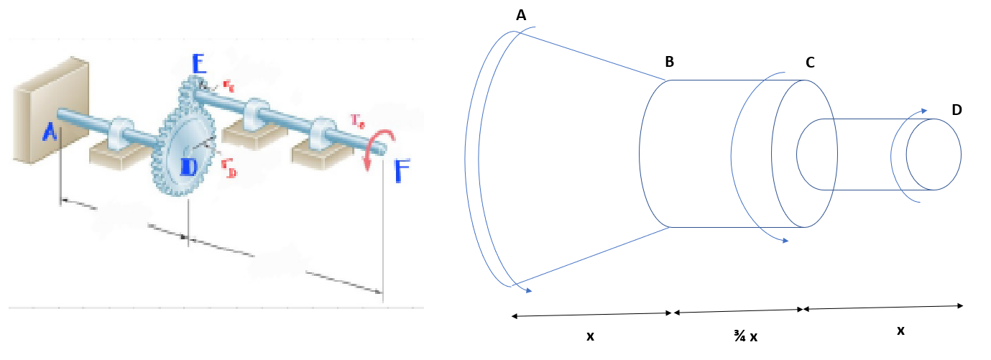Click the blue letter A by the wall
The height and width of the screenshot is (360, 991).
(x=49, y=132)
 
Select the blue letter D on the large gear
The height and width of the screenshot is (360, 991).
(x=188, y=167)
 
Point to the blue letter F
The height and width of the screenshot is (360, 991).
(x=402, y=172)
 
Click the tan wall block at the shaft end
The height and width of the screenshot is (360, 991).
(x=50, y=111)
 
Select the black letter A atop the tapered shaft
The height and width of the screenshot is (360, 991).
(x=521, y=15)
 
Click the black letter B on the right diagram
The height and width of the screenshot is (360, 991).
(x=669, y=62)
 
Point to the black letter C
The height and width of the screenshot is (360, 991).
(x=810, y=63)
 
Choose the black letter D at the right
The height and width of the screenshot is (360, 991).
(x=957, y=110)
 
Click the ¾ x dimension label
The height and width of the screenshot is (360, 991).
(x=745, y=336)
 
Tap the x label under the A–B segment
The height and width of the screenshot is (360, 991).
(x=590, y=336)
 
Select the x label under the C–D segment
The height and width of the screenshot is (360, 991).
(x=900, y=331)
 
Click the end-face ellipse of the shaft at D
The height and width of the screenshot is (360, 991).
(x=934, y=154)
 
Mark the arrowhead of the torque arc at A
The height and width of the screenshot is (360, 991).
(x=528, y=290)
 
